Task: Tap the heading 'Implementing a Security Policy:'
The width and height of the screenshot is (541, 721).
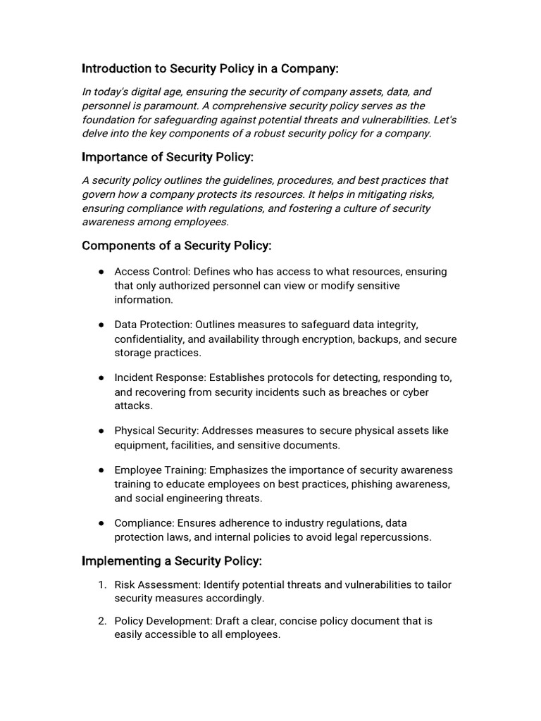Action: [172, 560]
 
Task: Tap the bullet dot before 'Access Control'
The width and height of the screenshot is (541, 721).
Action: [101, 272]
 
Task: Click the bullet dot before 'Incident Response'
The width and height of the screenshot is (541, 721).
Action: [101, 378]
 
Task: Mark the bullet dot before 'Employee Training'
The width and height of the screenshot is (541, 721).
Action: [101, 470]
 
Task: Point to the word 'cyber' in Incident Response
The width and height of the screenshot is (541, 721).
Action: [415, 392]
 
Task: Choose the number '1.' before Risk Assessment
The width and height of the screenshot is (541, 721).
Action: [102, 584]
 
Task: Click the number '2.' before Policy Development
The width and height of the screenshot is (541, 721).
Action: [102, 620]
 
